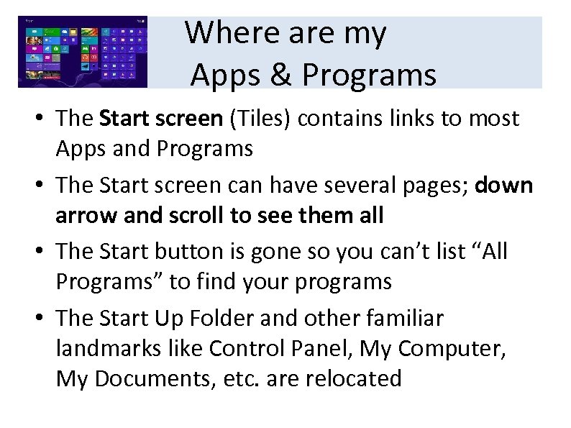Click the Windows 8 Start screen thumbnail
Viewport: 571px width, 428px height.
(x=83, y=53)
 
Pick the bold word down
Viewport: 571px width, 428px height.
(x=504, y=185)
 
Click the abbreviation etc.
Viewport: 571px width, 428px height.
(x=245, y=378)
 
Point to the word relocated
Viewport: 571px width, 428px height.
(x=355, y=378)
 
